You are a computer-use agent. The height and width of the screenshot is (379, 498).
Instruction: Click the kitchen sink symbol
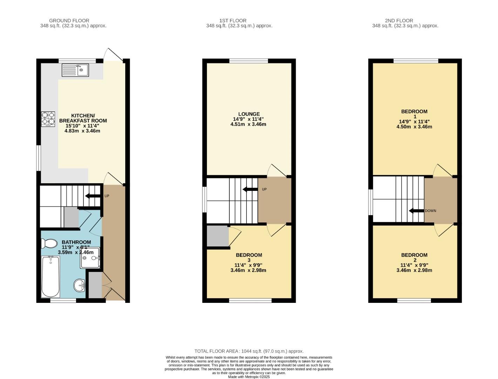coord(75,70)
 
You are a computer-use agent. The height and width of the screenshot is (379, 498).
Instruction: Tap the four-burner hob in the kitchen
coord(48,119)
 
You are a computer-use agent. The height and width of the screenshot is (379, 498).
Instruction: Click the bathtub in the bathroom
coord(51,277)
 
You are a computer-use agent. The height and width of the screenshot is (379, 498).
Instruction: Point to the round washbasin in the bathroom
coord(80,285)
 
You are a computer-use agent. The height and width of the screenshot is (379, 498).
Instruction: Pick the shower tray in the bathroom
coord(90,258)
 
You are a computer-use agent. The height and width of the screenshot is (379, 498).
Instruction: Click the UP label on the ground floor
coord(107,196)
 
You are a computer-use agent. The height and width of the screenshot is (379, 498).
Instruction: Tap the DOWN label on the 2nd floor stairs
coord(430,211)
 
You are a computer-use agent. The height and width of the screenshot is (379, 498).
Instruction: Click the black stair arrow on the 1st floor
coord(250,189)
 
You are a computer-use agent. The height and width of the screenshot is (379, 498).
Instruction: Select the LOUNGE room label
coord(249,114)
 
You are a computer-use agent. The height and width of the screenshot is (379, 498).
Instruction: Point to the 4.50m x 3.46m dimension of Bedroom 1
coord(414,127)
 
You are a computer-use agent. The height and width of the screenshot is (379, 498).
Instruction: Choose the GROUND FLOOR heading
coord(69,21)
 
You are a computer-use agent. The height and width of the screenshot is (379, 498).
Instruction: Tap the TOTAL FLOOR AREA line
coord(249,351)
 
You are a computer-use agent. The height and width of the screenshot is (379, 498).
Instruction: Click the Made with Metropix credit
coord(249,377)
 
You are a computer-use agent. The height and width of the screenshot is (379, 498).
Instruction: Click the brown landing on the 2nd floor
coord(440,200)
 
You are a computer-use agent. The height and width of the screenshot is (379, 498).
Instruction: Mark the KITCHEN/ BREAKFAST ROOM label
coord(83,118)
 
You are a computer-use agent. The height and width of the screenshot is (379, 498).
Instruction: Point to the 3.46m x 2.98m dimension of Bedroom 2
coord(414,270)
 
